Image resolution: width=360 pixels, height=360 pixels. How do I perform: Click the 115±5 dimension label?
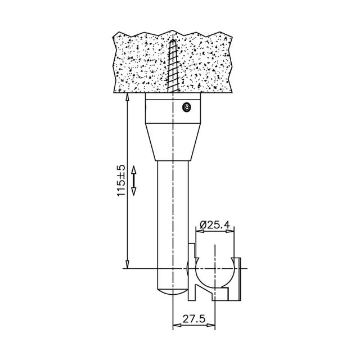coord(121,181)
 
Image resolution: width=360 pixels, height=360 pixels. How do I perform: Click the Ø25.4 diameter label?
coord(215,225)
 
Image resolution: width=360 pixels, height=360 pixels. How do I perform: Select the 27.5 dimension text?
coord(193,319)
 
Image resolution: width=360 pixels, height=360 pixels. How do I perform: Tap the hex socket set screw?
coord(186,107)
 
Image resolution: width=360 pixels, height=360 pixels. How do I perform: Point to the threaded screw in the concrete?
coord(173,66)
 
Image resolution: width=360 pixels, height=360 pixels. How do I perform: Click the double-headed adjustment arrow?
coord(134,181)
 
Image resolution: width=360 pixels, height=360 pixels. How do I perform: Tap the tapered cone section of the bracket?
coord(173,142)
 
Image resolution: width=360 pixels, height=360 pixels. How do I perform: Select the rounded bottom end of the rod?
coord(173,291)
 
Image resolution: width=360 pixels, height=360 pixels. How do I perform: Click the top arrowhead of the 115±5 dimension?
coord(128,97)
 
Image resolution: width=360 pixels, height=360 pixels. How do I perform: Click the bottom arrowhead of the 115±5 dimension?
coord(128,264)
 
